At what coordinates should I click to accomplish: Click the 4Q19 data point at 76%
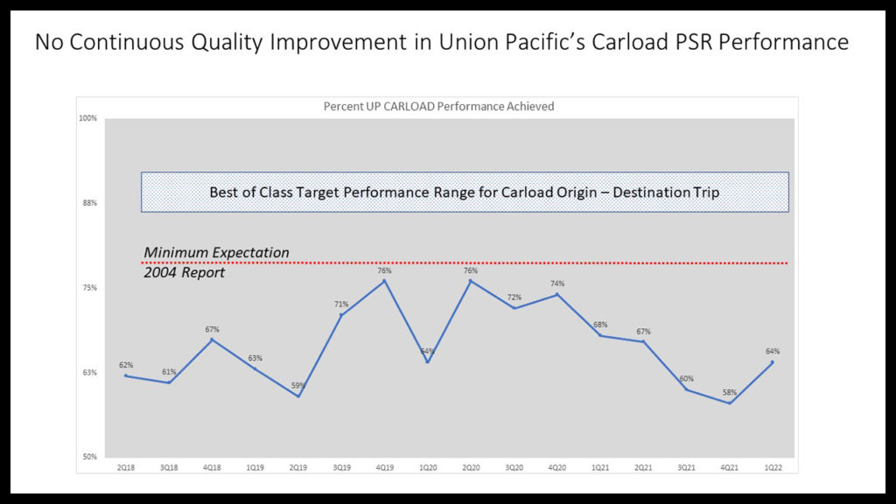pyautogui.click(x=384, y=280)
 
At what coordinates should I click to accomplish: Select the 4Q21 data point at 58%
pyautogui.click(x=729, y=402)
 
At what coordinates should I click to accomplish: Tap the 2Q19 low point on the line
pyautogui.click(x=298, y=396)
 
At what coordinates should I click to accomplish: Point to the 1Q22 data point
pyautogui.click(x=772, y=362)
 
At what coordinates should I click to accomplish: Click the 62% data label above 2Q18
pyautogui.click(x=126, y=365)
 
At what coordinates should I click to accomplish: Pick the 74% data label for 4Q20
pyautogui.click(x=557, y=283)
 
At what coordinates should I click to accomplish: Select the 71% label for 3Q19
pyautogui.click(x=341, y=304)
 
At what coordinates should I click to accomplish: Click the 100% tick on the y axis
pyautogui.click(x=88, y=118)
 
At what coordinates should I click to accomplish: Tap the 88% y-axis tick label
pyautogui.click(x=89, y=203)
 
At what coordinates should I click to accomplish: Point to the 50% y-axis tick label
pyautogui.click(x=89, y=457)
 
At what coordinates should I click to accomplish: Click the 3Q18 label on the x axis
pyautogui.click(x=169, y=468)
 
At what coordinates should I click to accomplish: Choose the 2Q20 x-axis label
pyautogui.click(x=471, y=468)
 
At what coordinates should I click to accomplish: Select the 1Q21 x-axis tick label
pyautogui.click(x=600, y=468)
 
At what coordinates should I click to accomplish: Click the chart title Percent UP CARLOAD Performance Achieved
pyautogui.click(x=438, y=107)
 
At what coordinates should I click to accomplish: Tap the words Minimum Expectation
pyautogui.click(x=216, y=253)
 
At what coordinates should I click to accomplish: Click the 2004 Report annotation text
pyautogui.click(x=185, y=273)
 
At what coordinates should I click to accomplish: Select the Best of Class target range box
pyautogui.click(x=465, y=192)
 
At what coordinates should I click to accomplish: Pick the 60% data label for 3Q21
pyautogui.click(x=686, y=379)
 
